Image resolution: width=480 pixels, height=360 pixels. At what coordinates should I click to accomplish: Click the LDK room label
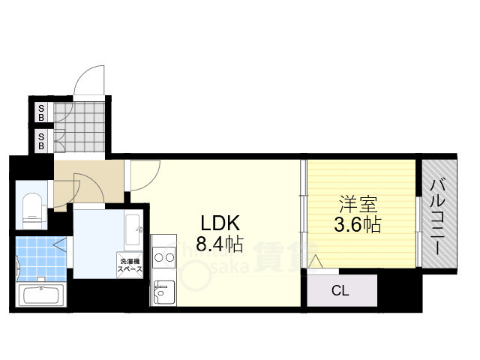[x=219, y=223]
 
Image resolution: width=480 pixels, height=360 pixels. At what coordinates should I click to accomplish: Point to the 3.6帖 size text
[x=357, y=223]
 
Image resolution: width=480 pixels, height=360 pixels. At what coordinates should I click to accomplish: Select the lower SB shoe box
[x=42, y=141]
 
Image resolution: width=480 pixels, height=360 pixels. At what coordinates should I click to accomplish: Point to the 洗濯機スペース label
[x=127, y=265]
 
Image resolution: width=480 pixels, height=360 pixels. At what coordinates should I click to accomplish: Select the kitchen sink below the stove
[x=163, y=292]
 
